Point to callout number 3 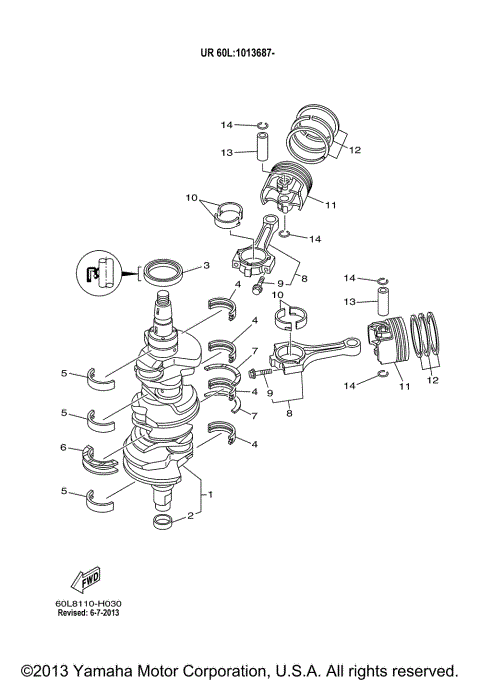(206, 266)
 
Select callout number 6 (63, 447)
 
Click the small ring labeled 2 (163, 523)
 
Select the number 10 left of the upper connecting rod (191, 198)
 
